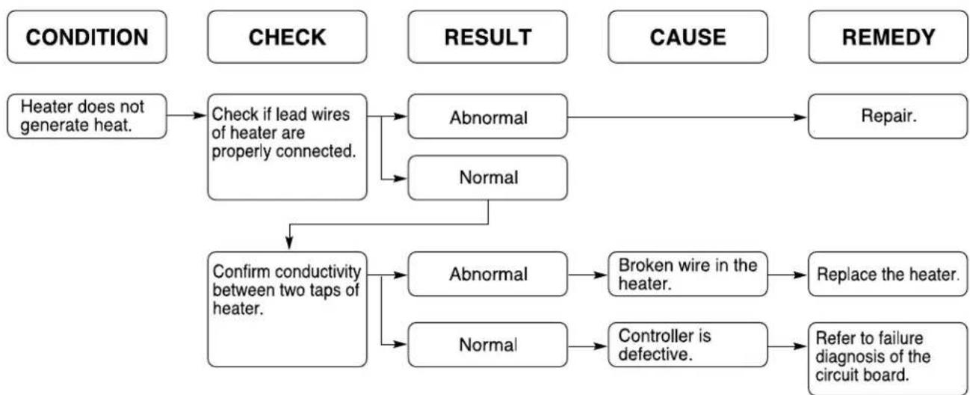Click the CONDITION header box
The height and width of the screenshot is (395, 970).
[87, 37]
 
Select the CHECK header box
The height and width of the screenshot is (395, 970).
[287, 37]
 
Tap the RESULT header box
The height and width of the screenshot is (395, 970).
[487, 37]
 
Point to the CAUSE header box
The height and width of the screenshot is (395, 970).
[688, 37]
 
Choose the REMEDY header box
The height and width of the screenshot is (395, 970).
[888, 37]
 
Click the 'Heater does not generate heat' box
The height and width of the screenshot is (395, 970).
[87, 116]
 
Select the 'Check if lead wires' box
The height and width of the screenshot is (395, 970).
[287, 147]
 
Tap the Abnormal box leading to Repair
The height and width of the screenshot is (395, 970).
[487, 116]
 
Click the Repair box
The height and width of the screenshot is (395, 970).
[888, 116]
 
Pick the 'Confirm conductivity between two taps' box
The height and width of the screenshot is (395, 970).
[287, 309]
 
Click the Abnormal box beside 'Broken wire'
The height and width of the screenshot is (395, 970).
[487, 274]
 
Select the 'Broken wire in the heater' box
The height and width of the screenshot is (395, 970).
[688, 274]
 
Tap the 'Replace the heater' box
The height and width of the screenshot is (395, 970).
[888, 274]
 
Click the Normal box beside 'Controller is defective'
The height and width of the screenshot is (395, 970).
[487, 345]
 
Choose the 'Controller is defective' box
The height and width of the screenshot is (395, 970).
[688, 345]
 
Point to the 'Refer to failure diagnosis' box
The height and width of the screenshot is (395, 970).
[888, 358]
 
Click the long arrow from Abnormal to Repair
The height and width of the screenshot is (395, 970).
[688, 117]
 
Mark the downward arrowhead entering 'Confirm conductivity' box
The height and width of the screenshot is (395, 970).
[289, 243]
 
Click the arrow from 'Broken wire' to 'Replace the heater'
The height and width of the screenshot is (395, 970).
[788, 275]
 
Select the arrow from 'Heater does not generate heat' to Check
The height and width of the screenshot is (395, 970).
[187, 115]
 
